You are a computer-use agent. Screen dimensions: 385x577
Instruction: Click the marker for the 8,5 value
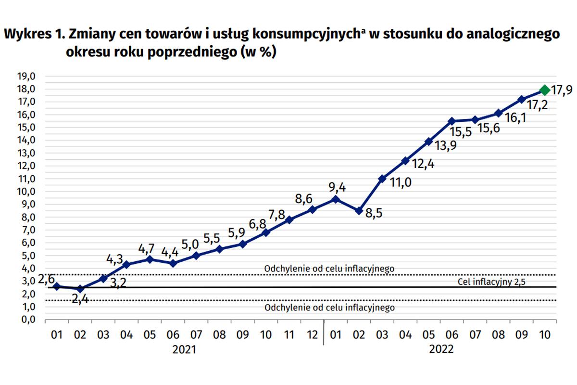pyautogui.click(x=359, y=210)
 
